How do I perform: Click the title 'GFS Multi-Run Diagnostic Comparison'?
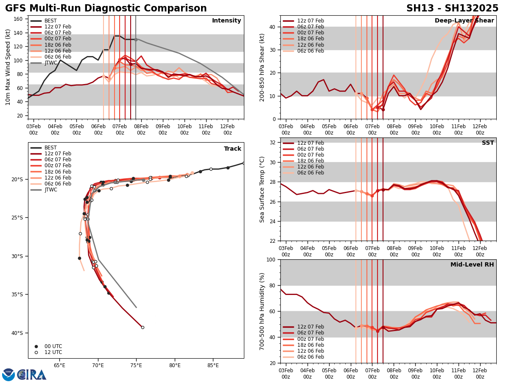(106, 8)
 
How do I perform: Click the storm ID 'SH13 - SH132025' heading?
(452, 8)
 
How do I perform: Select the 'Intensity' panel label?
(227, 21)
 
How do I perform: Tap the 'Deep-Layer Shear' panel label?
(464, 21)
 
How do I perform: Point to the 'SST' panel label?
(488, 143)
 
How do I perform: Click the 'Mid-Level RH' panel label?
(472, 265)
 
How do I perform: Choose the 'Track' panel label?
(232, 149)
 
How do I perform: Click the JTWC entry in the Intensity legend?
(50, 63)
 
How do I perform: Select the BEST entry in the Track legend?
(50, 148)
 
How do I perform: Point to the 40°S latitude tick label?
(17, 333)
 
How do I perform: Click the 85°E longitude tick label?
(213, 365)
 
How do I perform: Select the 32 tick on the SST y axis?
(273, 143)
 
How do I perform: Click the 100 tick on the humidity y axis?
(271, 260)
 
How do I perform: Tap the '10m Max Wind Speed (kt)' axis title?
(8, 67)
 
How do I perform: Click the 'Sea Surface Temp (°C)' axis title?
(262, 189)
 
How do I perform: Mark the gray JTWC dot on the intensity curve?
(136, 39)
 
